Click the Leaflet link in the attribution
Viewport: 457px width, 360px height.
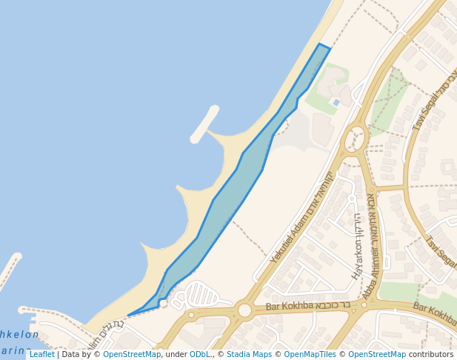[41, 355]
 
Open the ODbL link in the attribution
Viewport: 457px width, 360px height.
[200, 355]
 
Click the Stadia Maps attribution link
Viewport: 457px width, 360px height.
[249, 355]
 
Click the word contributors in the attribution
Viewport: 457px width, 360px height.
[431, 355]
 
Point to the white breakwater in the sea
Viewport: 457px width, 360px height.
[204, 124]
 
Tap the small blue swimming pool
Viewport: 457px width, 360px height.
[336, 102]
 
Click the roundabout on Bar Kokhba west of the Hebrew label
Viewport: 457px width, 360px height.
[245, 310]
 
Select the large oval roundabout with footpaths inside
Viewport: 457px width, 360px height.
[356, 138]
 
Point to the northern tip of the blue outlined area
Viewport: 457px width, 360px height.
[321, 44]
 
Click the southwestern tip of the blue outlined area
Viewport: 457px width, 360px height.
[129, 316]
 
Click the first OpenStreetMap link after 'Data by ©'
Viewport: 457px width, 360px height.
[132, 355]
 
